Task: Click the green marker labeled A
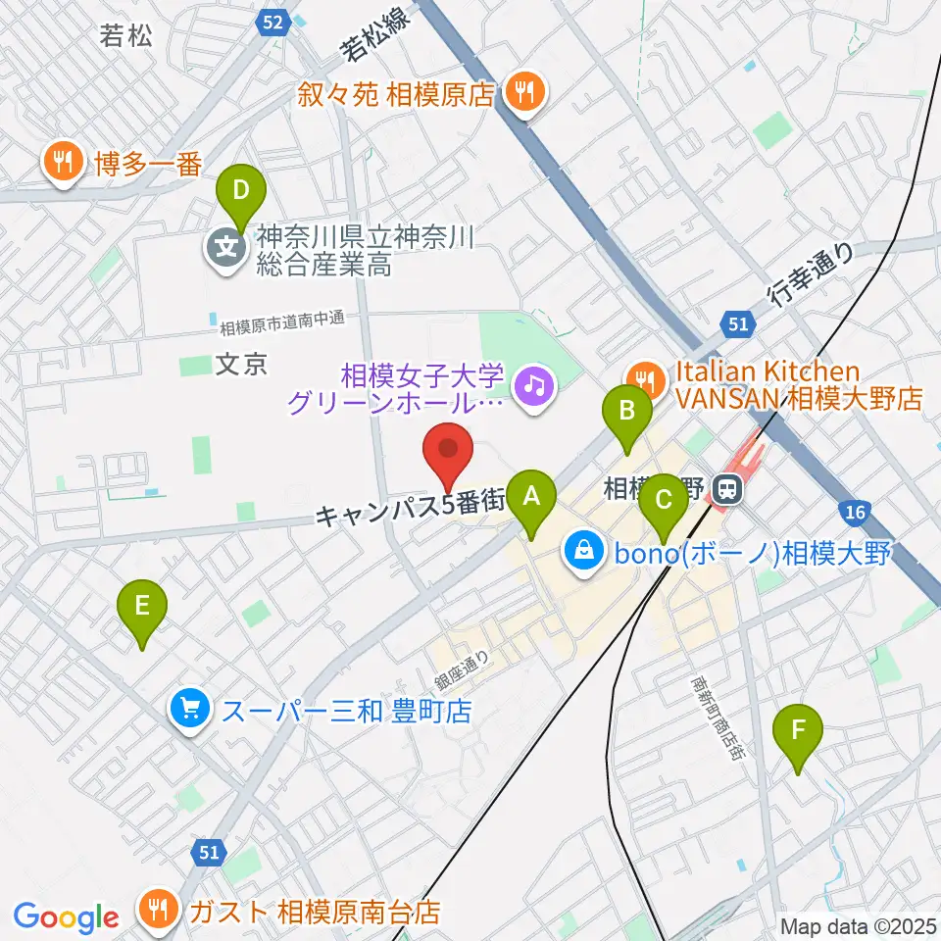(531, 497)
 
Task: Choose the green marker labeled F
(799, 731)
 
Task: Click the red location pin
(448, 452)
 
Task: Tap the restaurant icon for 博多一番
(64, 164)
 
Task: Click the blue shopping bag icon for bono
(584, 553)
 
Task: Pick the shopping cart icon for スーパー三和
(189, 709)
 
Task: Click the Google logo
(66, 917)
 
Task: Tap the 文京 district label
(240, 365)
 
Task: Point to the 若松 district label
(127, 37)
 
